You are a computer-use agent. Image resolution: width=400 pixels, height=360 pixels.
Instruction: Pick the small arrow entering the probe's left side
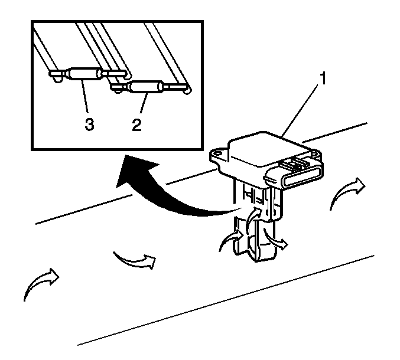pos(232,239)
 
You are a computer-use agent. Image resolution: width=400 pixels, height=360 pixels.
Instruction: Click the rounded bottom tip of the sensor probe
pos(261,256)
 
